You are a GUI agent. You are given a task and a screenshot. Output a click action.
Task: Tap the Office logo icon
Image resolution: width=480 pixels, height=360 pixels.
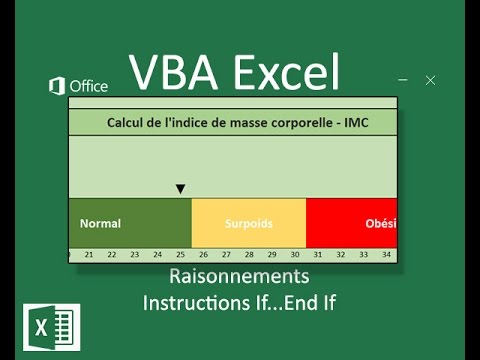click(x=57, y=87)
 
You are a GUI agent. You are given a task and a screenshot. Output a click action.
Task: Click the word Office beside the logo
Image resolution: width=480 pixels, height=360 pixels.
click(x=88, y=87)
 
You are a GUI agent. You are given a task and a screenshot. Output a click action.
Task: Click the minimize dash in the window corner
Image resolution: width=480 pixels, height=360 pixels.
click(x=402, y=80)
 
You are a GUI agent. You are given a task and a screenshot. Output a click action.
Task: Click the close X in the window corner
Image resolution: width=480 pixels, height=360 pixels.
click(x=430, y=80)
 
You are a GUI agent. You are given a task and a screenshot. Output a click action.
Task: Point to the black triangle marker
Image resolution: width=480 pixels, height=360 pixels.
click(x=180, y=188)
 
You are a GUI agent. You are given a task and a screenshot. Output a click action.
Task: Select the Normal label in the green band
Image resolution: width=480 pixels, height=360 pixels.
click(x=100, y=224)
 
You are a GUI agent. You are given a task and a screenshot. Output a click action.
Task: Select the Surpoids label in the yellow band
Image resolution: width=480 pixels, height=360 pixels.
click(x=249, y=224)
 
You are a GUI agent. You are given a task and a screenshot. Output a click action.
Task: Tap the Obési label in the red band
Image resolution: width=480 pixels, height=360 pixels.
click(x=381, y=224)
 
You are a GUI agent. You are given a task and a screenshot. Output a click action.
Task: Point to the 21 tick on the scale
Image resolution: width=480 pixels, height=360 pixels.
click(x=89, y=255)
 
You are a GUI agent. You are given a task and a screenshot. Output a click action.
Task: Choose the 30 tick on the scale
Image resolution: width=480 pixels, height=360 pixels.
click(x=295, y=255)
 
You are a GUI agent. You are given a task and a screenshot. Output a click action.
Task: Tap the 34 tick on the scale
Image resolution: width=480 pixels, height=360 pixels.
click(x=386, y=255)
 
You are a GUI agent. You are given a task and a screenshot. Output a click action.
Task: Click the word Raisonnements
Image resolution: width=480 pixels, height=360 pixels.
click(x=239, y=276)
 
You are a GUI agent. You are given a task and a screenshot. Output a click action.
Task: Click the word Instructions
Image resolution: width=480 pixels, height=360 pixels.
click(x=189, y=300)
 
